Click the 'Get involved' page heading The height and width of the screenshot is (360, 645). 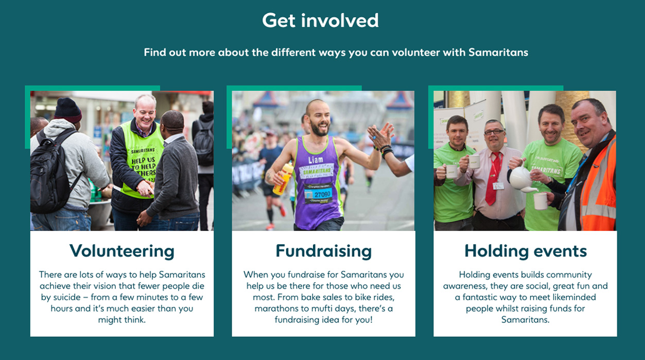pyautogui.click(x=320, y=21)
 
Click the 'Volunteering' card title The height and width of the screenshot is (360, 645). pyautogui.click(x=122, y=251)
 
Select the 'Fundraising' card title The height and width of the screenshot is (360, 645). pyautogui.click(x=323, y=251)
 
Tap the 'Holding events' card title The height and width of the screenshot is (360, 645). pyautogui.click(x=526, y=251)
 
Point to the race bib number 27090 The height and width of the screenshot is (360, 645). pyautogui.click(x=322, y=194)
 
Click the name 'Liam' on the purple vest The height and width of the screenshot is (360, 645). pyautogui.click(x=316, y=160)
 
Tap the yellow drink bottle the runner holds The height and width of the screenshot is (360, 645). pyautogui.click(x=283, y=179)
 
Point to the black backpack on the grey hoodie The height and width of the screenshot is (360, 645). pyautogui.click(x=52, y=173)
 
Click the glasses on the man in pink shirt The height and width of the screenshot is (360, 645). pyautogui.click(x=494, y=132)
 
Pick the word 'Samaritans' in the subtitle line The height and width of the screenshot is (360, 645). pyautogui.click(x=498, y=53)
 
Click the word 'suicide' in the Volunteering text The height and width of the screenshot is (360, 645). pyautogui.click(x=67, y=297)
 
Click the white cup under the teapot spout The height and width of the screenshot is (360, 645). pyautogui.click(x=541, y=201)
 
